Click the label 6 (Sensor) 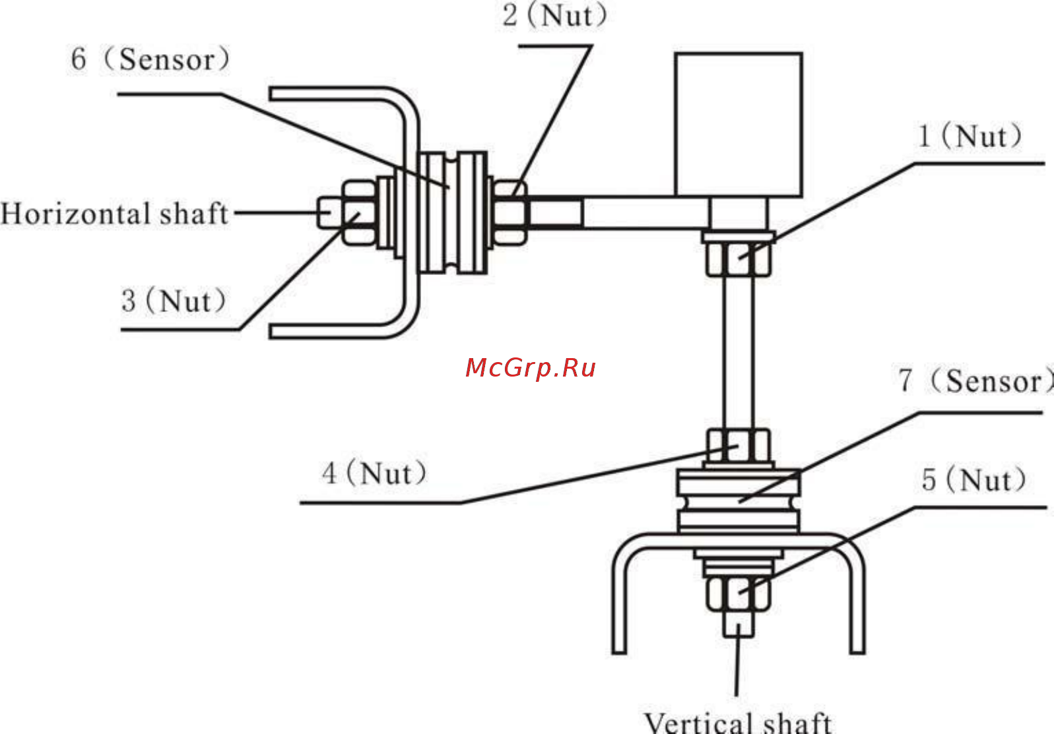(x=150, y=60)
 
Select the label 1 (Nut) (x=970, y=137)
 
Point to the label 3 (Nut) (x=174, y=301)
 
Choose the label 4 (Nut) (x=374, y=474)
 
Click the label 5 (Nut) (x=973, y=480)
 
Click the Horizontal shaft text (x=114, y=214)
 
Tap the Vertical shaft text (x=737, y=722)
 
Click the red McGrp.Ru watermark (x=531, y=367)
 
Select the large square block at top (x=739, y=124)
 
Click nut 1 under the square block (x=738, y=259)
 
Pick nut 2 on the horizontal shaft (x=510, y=212)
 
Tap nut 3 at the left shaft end (x=359, y=212)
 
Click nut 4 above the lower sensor (x=738, y=446)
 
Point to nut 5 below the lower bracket (x=738, y=593)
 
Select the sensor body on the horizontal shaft (x=453, y=212)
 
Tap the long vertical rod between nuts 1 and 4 (x=738, y=353)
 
